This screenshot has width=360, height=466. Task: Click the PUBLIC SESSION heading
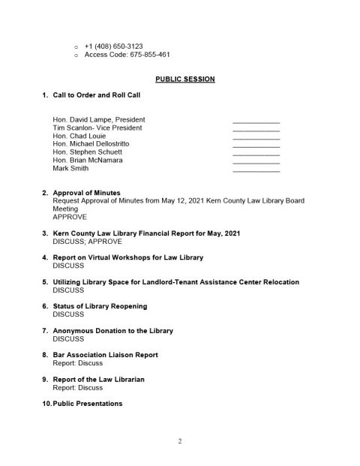[x=180, y=79]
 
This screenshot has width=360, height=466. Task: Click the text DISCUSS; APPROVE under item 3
[x=87, y=242]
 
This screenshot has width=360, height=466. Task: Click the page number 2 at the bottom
[x=180, y=440]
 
